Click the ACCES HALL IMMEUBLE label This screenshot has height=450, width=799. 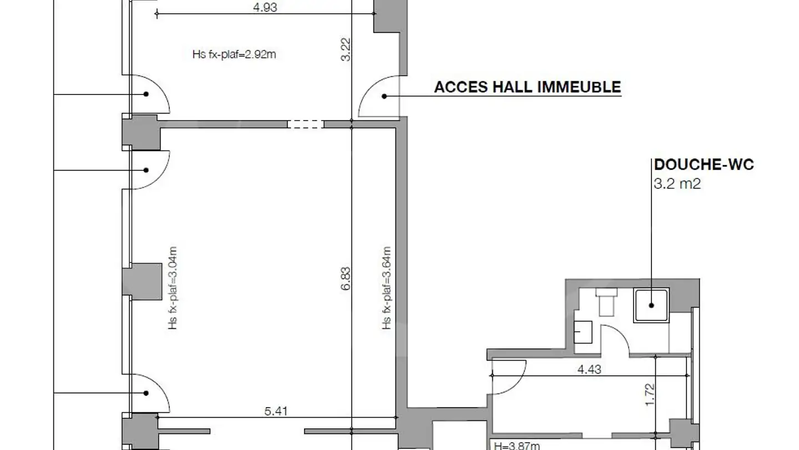(528, 87)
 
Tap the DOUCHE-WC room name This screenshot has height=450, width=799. (704, 164)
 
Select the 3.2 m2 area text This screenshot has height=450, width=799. (677, 183)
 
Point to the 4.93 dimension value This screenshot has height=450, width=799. (265, 8)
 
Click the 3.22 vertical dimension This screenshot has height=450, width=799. (346, 49)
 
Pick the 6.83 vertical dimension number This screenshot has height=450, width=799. (346, 278)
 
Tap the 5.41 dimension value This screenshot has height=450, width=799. (276, 411)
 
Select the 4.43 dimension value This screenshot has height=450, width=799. (589, 369)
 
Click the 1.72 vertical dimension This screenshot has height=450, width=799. (650, 394)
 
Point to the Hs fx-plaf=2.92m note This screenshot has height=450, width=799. (234, 54)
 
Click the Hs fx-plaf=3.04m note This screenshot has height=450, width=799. (173, 288)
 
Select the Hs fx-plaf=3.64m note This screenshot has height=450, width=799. (387, 288)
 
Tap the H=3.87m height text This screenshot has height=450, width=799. (517, 446)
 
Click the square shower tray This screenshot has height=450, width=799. (651, 306)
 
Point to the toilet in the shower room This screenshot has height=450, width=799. (606, 302)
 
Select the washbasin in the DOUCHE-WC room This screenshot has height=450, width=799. (583, 332)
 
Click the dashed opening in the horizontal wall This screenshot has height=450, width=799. (306, 124)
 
